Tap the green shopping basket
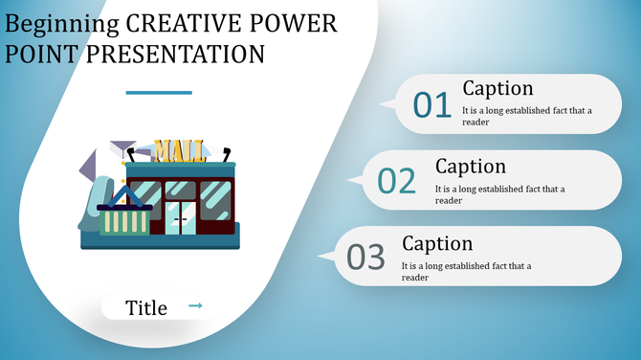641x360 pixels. [x=125, y=221]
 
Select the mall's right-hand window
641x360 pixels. [x=214, y=199]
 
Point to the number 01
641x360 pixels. [x=431, y=105]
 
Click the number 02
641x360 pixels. [x=397, y=180]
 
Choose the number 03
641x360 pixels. [x=365, y=257]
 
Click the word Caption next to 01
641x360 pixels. [x=497, y=88]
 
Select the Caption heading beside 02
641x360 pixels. [x=470, y=166]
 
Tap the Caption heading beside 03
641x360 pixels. [x=437, y=243]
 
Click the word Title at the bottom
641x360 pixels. [x=146, y=307]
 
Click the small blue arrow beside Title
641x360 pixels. [x=196, y=305]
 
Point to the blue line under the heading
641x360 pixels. [x=159, y=93]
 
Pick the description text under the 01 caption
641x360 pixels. [x=526, y=116]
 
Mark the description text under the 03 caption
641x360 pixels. [x=466, y=271]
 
